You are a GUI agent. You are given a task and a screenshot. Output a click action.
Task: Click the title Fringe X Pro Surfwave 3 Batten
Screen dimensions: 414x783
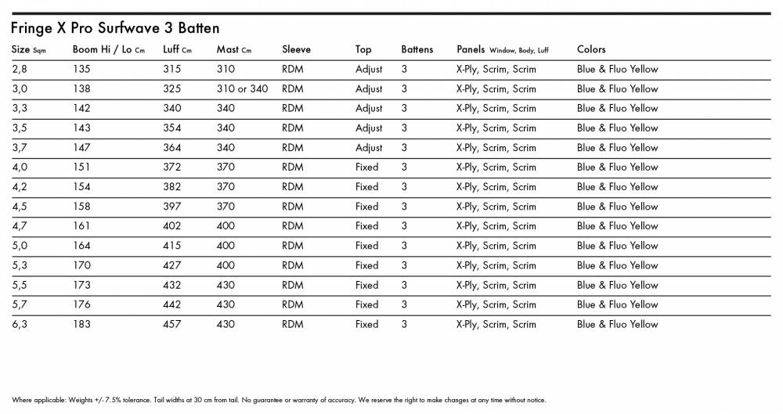(x=115, y=29)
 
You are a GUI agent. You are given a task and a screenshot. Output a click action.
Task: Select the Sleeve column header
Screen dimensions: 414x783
(x=296, y=49)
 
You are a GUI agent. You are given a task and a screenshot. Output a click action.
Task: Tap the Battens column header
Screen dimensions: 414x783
(x=417, y=49)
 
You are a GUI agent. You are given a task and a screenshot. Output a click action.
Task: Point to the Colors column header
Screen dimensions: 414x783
(x=591, y=49)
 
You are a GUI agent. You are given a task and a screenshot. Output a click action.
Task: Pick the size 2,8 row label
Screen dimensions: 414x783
(x=20, y=69)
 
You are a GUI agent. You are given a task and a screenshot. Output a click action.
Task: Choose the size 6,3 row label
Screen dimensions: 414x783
(x=20, y=324)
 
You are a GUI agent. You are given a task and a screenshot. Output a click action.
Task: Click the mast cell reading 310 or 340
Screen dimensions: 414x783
(x=242, y=88)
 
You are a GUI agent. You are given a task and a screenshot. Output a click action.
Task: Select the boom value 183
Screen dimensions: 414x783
(x=81, y=324)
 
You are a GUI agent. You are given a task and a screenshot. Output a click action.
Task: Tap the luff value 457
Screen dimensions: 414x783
(x=171, y=324)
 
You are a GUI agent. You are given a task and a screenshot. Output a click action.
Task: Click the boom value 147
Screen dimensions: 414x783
(x=81, y=147)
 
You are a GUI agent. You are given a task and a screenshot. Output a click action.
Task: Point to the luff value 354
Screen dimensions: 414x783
(x=171, y=128)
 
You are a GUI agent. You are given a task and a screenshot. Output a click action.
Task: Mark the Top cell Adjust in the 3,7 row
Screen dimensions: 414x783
(x=369, y=147)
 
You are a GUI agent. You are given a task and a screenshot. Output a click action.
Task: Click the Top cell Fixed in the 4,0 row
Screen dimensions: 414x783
(x=366, y=167)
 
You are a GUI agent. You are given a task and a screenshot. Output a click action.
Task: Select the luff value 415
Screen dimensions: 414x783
(x=171, y=246)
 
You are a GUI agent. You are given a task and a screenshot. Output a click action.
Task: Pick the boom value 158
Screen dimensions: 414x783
(x=81, y=207)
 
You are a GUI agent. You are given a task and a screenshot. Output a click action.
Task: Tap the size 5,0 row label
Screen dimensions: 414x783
(x=20, y=246)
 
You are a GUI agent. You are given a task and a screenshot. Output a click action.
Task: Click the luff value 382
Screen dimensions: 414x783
(x=171, y=187)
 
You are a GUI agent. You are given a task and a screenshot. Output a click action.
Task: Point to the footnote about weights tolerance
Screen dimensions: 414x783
(x=278, y=400)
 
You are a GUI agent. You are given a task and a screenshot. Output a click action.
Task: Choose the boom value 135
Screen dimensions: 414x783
(x=81, y=69)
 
